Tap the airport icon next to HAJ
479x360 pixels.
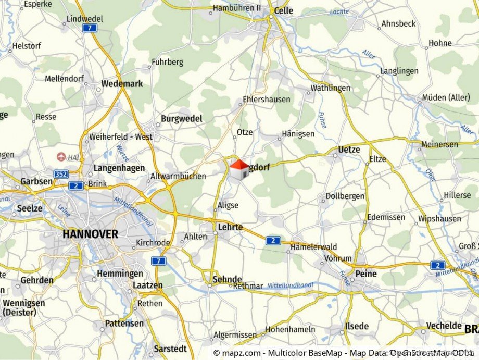[x=61, y=156]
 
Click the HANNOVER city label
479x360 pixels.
[x=90, y=234]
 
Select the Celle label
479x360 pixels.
[x=284, y=10]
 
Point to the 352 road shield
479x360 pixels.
[x=60, y=175]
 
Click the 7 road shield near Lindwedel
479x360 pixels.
[x=91, y=28]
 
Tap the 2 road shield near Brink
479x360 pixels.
[x=76, y=185]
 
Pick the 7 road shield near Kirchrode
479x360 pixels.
[x=159, y=260]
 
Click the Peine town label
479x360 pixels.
[x=367, y=273]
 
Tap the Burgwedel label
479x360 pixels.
[x=181, y=118]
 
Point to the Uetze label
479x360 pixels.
[x=349, y=150]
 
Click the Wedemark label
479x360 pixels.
[x=122, y=83]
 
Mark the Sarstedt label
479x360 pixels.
[x=171, y=349]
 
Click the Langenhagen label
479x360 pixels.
[x=119, y=168]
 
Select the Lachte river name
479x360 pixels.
[x=339, y=11]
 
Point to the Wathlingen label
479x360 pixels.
[x=331, y=88]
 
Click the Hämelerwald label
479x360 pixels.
[x=314, y=246]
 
